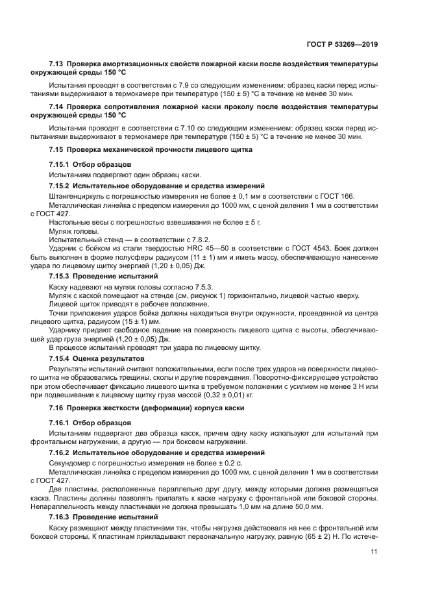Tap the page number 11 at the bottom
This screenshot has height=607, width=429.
(374, 552)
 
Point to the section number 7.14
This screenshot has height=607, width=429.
(57, 106)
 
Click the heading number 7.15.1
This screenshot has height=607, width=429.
(60, 164)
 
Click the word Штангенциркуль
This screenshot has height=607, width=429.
(77, 196)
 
